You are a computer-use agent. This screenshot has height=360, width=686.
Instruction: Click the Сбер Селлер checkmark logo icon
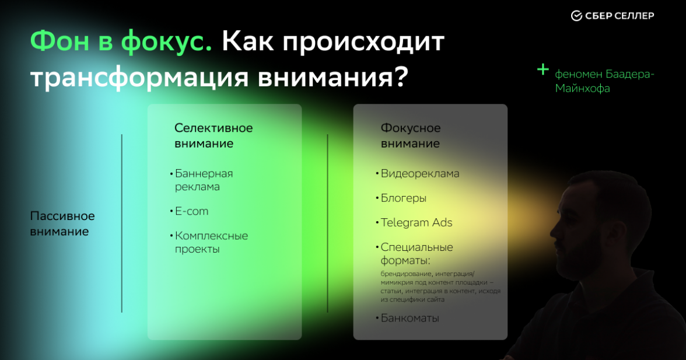tap(576, 16)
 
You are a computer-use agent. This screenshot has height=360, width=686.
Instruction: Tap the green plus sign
tap(543, 69)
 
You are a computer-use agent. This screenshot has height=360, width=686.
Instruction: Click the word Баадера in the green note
tap(629, 74)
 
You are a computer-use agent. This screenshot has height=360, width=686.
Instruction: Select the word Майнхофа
tap(582, 88)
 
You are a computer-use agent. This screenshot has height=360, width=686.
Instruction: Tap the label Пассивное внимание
tap(62, 223)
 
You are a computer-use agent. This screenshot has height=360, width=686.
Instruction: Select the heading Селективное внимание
tap(213, 135)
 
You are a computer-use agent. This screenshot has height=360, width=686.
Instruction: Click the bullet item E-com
tap(191, 211)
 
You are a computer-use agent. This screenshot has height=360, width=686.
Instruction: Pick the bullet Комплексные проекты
tap(211, 242)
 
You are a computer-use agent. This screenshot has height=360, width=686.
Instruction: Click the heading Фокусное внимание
tap(411, 135)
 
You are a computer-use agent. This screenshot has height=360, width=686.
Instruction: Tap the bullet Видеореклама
tap(420, 174)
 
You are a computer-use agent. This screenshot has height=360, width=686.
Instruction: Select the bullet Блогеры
tap(404, 198)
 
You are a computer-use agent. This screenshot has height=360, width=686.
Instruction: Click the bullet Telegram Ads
tap(416, 223)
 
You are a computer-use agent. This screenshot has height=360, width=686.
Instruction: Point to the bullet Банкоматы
tap(410, 318)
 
